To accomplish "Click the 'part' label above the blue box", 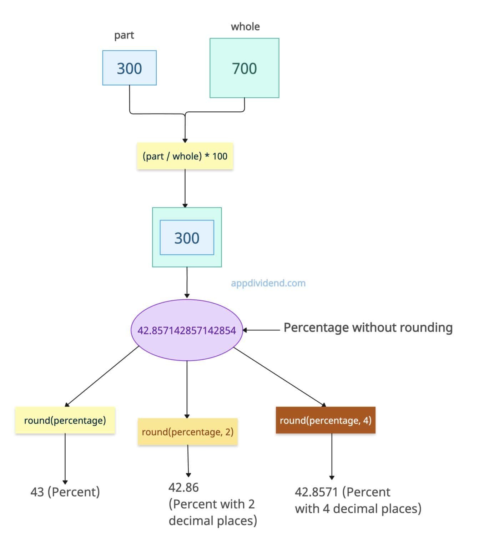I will coord(124,35).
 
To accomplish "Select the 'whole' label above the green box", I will coord(245,27).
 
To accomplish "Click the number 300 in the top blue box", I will coord(129,68).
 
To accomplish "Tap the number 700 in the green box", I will coord(244,68).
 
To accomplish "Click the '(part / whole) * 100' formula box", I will coord(185,156).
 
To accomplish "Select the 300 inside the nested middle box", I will coord(187,238).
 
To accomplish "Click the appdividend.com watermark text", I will coord(268,283).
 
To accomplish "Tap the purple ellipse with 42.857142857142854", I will coord(187,330).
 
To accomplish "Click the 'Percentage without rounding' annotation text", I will coord(368,328).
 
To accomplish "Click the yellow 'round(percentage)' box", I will coord(65,420).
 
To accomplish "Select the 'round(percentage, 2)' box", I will coord(187,432).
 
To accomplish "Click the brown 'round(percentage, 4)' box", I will coord(326,420).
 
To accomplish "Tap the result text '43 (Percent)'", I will coord(65,492).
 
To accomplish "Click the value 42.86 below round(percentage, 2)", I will coord(183,487).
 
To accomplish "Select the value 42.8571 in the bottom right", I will coord(316,492).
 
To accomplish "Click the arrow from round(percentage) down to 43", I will coord(65,458).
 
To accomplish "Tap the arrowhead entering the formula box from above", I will coord(185,140).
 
